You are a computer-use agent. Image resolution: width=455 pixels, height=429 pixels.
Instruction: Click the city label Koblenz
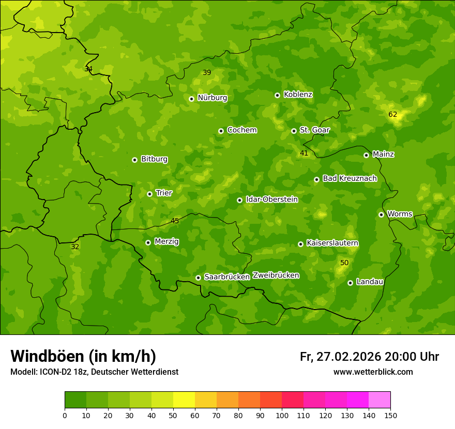[x=298, y=95]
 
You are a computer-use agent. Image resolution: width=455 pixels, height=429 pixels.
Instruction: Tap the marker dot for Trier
[x=149, y=194]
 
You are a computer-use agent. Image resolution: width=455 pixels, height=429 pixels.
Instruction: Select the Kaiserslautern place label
[x=332, y=243]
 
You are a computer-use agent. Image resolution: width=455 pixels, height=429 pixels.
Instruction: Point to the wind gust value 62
[x=392, y=114]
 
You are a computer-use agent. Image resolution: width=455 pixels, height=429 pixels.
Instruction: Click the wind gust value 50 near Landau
[x=344, y=263]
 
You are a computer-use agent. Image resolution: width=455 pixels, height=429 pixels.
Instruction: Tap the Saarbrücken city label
[x=227, y=277]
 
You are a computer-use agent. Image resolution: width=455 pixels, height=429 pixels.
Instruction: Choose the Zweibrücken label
[x=276, y=275]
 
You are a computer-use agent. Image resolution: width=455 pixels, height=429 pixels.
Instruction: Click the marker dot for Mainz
[x=366, y=155]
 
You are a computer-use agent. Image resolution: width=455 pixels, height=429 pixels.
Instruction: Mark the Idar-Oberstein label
[x=271, y=199]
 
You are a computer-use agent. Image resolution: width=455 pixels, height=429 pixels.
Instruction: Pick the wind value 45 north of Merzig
[x=175, y=221]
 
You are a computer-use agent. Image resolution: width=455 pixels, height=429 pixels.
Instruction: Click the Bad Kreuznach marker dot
[x=316, y=179]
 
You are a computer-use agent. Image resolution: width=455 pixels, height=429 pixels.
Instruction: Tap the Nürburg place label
[x=212, y=98]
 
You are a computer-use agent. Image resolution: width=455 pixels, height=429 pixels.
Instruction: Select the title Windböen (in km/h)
[x=83, y=356]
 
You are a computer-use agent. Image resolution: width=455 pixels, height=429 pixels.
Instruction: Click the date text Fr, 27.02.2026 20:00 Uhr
[x=369, y=357]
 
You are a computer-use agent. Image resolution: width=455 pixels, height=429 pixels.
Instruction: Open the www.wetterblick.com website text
[x=373, y=372]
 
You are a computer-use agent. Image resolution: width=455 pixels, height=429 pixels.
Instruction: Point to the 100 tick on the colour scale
[x=282, y=415]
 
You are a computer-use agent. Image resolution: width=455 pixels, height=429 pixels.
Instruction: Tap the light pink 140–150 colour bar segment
[x=380, y=400]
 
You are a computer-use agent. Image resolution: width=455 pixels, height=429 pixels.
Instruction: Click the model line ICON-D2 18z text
[x=94, y=372]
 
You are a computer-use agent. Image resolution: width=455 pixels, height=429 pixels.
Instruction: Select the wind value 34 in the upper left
[x=88, y=69]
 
